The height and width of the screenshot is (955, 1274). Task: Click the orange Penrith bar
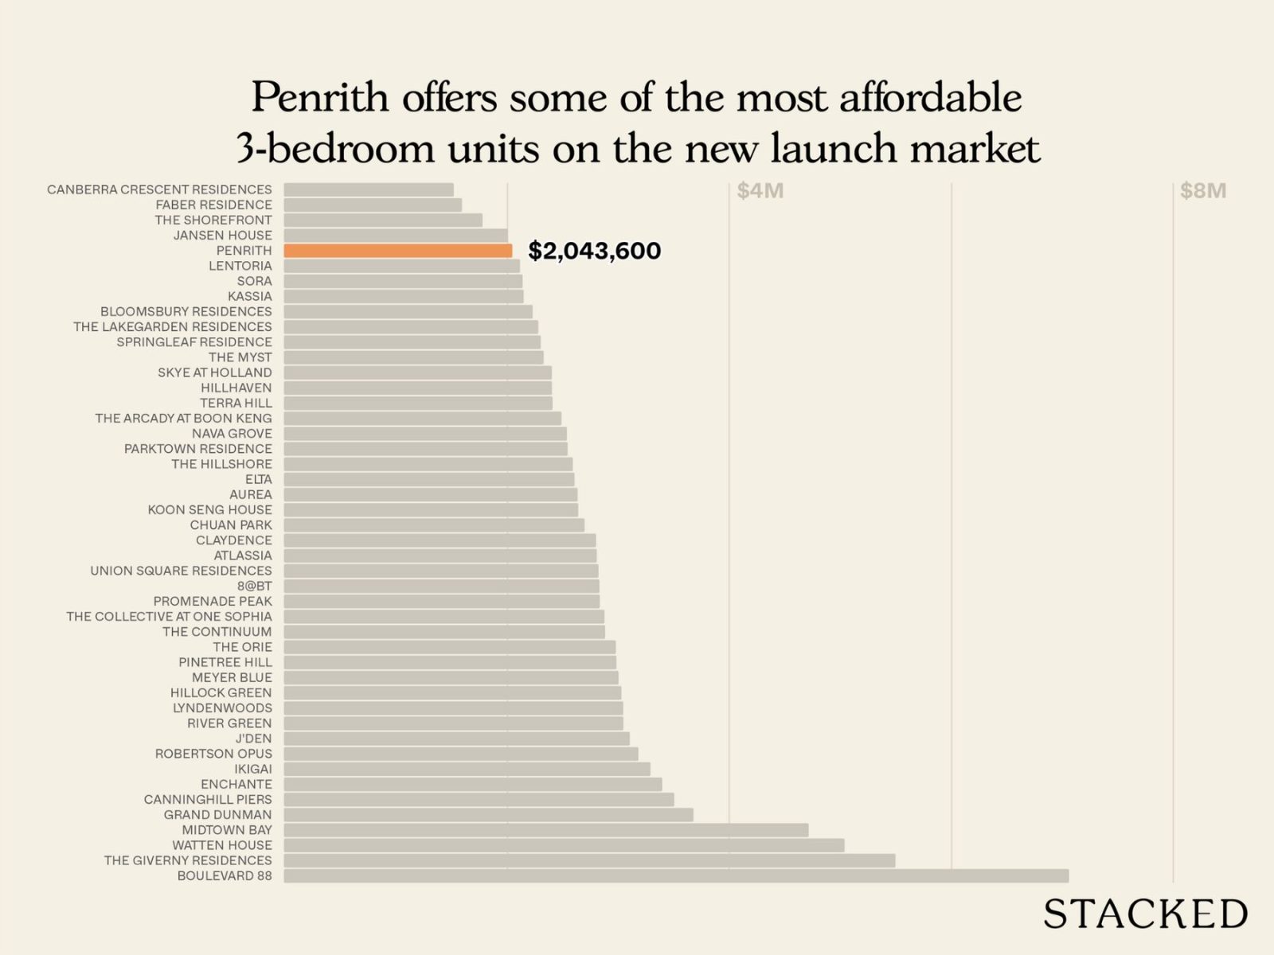click(398, 251)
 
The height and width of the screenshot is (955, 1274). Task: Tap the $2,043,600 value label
click(594, 251)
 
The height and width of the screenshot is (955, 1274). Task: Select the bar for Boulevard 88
click(676, 876)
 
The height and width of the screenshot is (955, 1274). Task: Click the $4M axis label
click(760, 191)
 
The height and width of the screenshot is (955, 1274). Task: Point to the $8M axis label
click(1202, 191)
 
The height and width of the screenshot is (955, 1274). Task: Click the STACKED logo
click(1145, 914)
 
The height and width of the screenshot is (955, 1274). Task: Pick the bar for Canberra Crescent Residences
click(369, 189)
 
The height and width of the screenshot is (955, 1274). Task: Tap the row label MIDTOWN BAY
click(227, 830)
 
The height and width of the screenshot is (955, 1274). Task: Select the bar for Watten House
click(564, 845)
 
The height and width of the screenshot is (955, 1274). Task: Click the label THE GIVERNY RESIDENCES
click(188, 860)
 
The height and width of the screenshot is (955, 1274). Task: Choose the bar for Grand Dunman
click(488, 815)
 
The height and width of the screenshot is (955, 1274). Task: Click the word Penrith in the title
click(320, 98)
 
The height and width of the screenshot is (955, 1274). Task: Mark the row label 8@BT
click(254, 586)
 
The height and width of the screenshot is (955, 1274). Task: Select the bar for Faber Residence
click(373, 205)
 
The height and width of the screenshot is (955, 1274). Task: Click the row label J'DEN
click(253, 739)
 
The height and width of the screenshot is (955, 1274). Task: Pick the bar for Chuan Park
click(434, 525)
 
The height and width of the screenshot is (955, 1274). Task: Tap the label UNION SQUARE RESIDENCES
click(181, 571)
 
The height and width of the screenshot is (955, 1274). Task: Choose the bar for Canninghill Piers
click(479, 800)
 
